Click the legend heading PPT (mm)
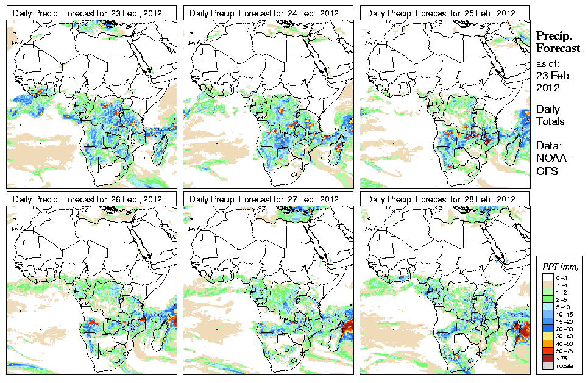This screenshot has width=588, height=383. (x=560, y=267)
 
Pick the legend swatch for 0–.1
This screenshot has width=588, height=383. (x=547, y=277)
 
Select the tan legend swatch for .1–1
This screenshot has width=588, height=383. (x=547, y=285)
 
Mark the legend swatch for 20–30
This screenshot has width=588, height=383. (x=547, y=329)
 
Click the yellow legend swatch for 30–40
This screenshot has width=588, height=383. (x=547, y=336)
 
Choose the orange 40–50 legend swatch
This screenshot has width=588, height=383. (x=547, y=343)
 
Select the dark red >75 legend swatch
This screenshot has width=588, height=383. (x=547, y=358)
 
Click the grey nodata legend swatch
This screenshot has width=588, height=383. (x=547, y=365)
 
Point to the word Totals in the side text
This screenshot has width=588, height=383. (x=550, y=121)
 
